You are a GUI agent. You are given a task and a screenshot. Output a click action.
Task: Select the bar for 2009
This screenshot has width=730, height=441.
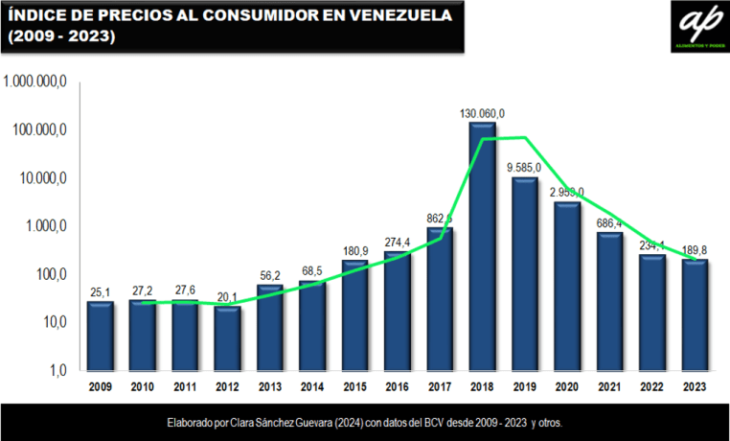[x=101, y=336]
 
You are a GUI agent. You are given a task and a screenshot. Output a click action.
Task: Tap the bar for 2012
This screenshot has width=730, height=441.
[x=227, y=338]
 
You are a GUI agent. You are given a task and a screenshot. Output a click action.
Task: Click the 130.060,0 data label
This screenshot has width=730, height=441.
[x=482, y=113]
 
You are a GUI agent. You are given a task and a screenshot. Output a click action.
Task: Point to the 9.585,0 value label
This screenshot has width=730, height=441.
[x=524, y=168]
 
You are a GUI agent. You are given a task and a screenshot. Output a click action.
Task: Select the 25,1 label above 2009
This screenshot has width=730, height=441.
[x=100, y=291]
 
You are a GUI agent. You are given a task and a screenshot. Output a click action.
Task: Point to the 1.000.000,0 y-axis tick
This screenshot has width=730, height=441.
[x=34, y=82]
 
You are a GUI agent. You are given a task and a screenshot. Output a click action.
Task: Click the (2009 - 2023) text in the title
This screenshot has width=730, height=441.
[x=61, y=36]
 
